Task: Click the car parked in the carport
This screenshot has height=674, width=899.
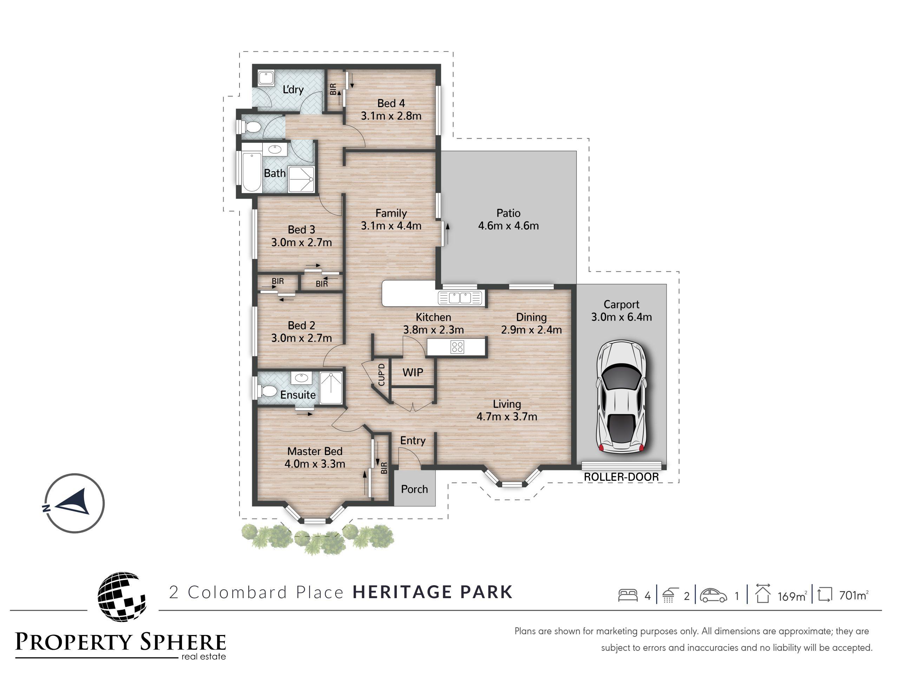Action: [x=621, y=397]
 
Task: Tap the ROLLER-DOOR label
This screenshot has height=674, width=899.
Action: [x=621, y=477]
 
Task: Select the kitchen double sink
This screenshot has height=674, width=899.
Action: [x=460, y=298]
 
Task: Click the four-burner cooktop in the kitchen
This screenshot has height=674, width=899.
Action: [x=457, y=346]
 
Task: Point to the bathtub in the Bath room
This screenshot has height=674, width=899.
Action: [x=251, y=172]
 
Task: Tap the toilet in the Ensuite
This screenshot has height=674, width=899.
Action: [x=266, y=392]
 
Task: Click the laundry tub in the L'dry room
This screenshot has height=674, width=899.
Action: [x=266, y=78]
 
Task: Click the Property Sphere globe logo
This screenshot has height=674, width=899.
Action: [x=121, y=596]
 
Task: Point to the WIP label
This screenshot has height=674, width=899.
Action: [x=413, y=372]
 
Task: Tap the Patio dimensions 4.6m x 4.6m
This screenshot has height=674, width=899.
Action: [x=508, y=226]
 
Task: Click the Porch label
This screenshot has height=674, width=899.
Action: [x=414, y=489]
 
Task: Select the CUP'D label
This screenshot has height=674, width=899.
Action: [x=381, y=375]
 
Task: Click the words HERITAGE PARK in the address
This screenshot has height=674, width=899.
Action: [x=432, y=592]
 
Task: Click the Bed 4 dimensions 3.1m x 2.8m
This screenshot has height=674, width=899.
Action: [x=391, y=116]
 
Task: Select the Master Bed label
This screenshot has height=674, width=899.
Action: [x=315, y=451]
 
